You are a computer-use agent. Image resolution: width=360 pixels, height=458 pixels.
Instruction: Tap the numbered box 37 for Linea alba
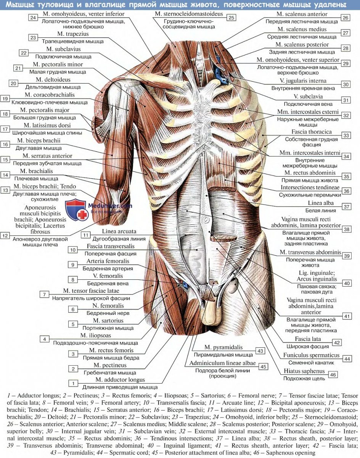point(346,206)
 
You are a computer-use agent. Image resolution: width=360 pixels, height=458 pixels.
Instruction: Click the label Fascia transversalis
point(111,247)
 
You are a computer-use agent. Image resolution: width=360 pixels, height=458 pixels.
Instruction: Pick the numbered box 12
point(5,236)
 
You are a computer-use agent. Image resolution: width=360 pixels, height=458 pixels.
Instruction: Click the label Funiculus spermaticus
point(309,355)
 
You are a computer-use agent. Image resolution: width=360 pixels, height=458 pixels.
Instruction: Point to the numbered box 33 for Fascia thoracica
point(346,135)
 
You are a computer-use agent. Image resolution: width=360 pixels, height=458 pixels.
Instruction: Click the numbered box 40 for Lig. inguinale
point(346,283)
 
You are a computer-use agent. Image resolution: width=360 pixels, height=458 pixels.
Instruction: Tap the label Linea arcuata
point(119,231)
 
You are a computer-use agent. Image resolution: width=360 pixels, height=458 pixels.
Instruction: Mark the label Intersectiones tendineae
point(310,188)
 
